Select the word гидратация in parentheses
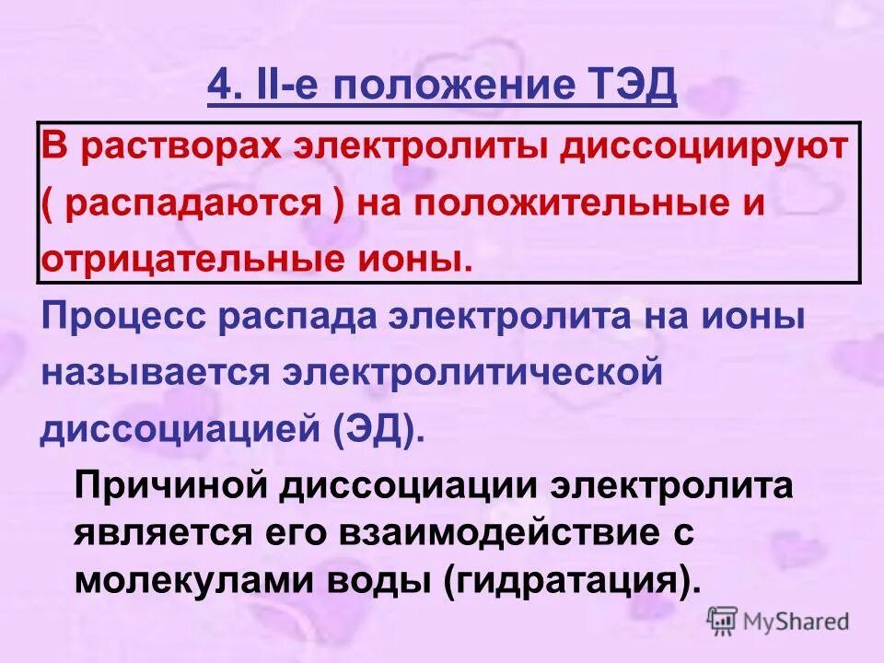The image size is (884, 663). click(564, 580)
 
